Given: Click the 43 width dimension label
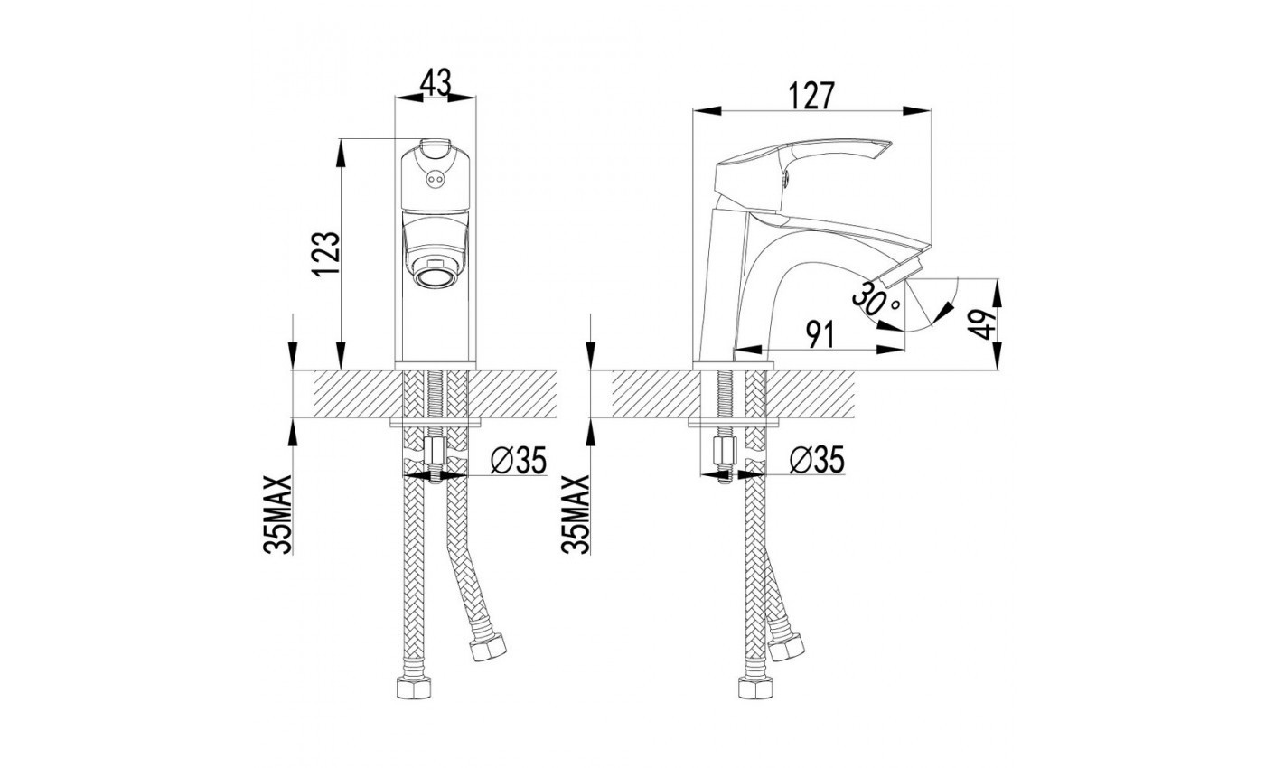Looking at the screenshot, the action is [x=436, y=82].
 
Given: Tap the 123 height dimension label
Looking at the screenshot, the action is [x=327, y=254].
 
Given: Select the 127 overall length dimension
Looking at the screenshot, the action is [x=811, y=96].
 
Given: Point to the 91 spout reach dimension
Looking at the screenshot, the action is [x=820, y=335].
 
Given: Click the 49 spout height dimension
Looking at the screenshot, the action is [x=983, y=324].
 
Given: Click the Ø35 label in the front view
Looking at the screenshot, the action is [x=519, y=460].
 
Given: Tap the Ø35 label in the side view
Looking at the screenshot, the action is [x=817, y=459].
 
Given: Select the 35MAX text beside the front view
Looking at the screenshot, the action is [x=278, y=514].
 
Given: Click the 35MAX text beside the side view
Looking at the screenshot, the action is [x=576, y=514].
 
